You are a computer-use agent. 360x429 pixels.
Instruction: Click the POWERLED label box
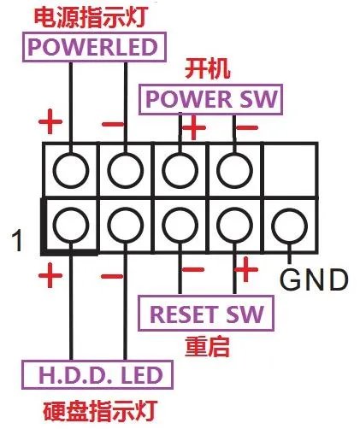pyautogui.click(x=96, y=47)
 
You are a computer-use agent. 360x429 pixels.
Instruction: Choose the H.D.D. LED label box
pyautogui.click(x=96, y=374)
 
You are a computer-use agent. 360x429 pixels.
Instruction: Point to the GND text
pyautogui.click(x=314, y=279)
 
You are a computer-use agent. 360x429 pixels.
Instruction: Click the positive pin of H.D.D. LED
pyautogui.click(x=70, y=225)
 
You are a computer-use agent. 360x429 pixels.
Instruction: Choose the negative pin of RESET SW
pyautogui.click(x=180, y=225)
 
